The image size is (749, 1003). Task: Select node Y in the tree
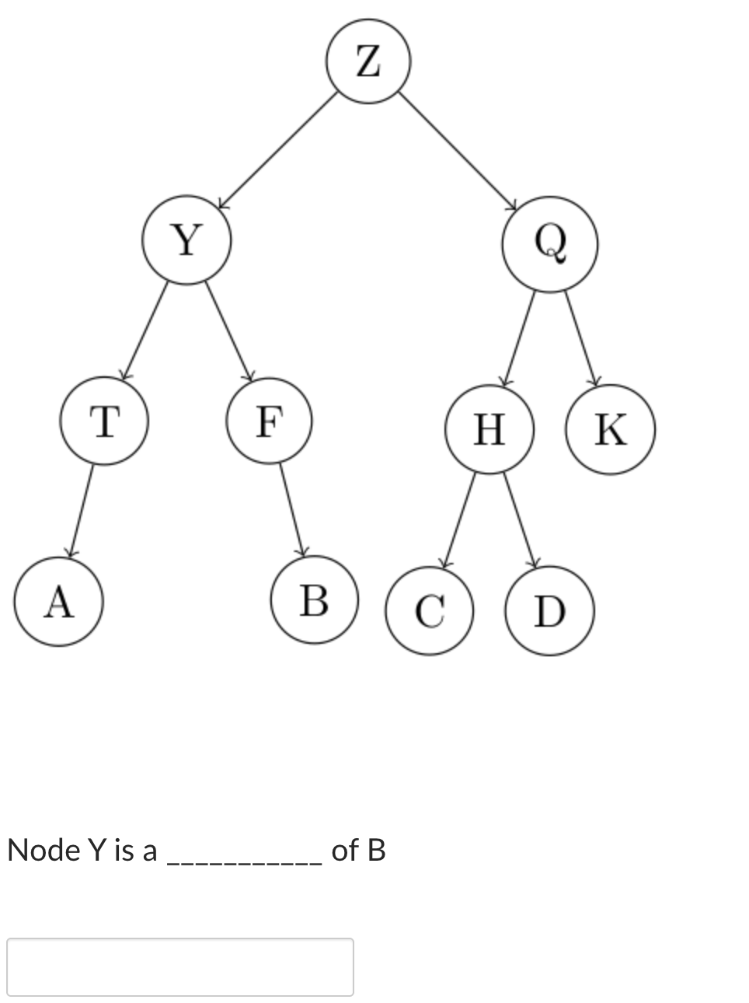(186, 239)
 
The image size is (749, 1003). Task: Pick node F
(269, 421)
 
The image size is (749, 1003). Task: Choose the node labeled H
(489, 429)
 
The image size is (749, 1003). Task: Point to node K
(611, 429)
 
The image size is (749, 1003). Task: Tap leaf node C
(429, 610)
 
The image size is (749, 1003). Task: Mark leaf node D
(550, 611)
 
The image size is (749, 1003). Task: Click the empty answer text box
(180, 966)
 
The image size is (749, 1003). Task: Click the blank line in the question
(243, 862)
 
